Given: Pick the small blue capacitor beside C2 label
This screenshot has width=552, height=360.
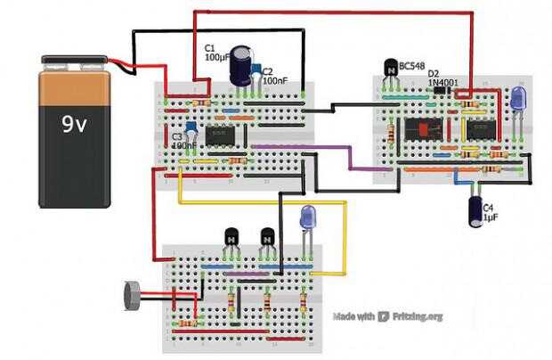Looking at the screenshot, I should click(256, 70).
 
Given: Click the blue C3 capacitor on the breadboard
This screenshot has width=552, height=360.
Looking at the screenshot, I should click(190, 127).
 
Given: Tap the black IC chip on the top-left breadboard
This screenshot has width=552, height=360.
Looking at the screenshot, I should click(220, 135).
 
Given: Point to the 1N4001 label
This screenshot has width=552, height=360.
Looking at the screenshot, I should click(442, 82).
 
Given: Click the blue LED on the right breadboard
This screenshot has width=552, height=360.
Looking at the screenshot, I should click(519, 98).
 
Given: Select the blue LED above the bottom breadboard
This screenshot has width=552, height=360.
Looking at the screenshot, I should click(308, 217).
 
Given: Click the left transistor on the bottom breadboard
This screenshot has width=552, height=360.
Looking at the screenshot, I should click(232, 237).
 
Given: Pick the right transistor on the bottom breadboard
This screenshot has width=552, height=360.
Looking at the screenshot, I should click(267, 237).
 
